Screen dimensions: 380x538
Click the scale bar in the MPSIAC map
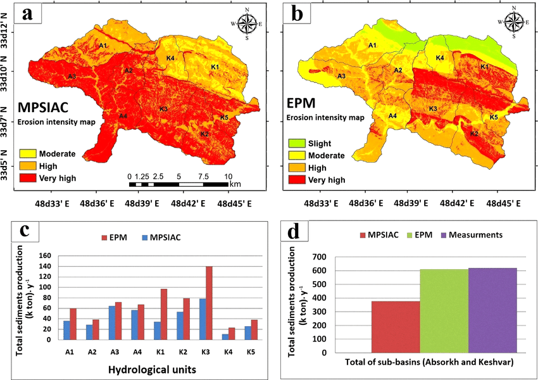coord(178,184)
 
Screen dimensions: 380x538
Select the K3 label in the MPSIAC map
coord(163,110)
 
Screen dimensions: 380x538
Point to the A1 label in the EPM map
coord(373,45)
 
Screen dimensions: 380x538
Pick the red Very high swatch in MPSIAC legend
coord(28,178)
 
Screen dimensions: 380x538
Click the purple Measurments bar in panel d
coord(493,310)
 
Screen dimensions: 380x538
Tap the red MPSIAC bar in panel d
coord(396,327)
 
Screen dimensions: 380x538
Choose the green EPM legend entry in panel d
coord(429,235)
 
